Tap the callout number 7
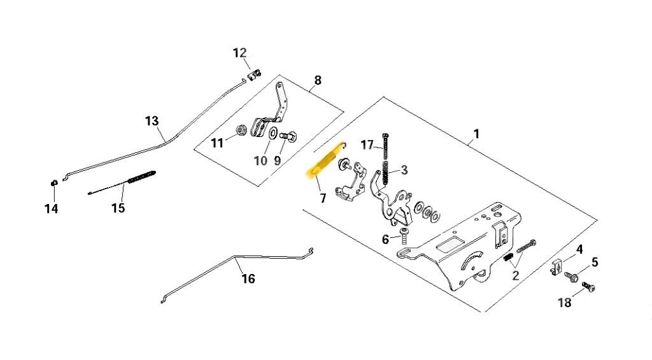(x=323, y=199)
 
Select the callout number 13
(x=152, y=120)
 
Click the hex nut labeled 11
(x=241, y=130)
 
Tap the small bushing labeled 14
(x=53, y=184)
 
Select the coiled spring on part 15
(x=141, y=176)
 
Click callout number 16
(x=248, y=278)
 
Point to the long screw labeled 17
(x=386, y=147)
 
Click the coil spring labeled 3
(x=385, y=171)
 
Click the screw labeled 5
(x=572, y=277)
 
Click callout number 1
(x=476, y=135)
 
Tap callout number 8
(x=318, y=80)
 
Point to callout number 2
(x=515, y=276)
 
